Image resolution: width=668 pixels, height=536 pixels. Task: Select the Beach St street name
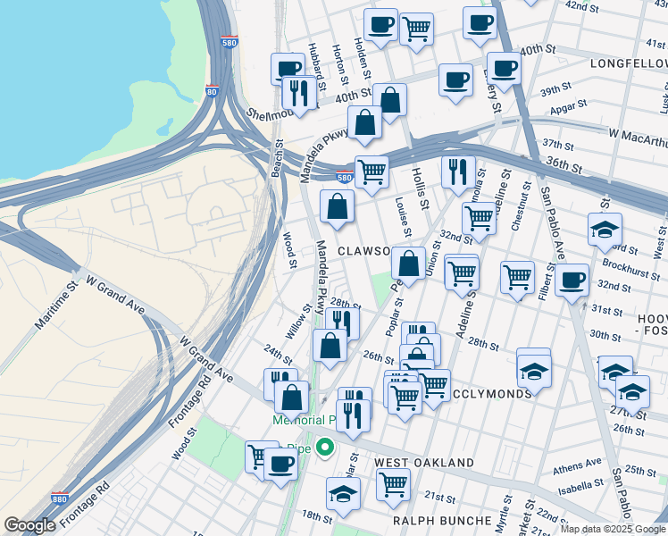[278, 157]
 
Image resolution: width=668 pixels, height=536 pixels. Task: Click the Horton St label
[338, 61]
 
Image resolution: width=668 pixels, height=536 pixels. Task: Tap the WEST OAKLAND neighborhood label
[423, 463]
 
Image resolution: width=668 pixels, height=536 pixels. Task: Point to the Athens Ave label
[577, 465]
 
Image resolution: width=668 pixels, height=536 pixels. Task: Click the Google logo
[29, 525]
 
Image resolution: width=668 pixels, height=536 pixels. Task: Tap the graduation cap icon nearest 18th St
[344, 492]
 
